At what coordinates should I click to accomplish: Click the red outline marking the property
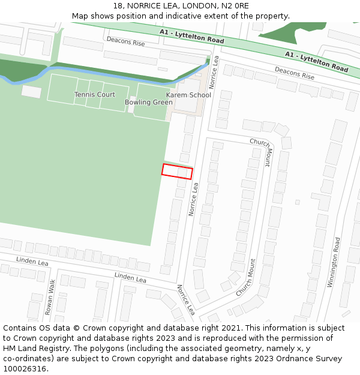tap(177, 171)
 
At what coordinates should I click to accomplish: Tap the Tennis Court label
tap(95, 95)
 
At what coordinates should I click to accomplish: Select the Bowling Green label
tap(149, 103)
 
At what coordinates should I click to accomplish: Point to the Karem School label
tap(188, 95)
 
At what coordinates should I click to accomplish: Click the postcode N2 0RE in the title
tap(235, 6)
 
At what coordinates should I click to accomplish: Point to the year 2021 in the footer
tap(230, 328)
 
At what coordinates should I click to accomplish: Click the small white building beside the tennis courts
tap(31, 91)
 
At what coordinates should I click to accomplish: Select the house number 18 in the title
tap(118, 6)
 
